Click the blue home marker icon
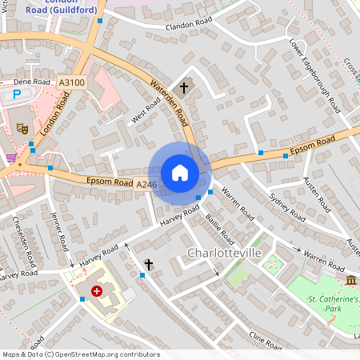pyautogui.click(x=180, y=173)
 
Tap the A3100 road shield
pyautogui.click(x=71, y=82)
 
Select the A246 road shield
pyautogui.click(x=146, y=185)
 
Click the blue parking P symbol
pyautogui.click(x=18, y=94)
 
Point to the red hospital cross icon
pyautogui.click(x=98, y=292)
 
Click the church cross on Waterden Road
pyautogui.click(x=183, y=86)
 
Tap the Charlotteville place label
pyautogui.click(x=225, y=253)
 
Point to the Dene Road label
pyautogui.click(x=33, y=82)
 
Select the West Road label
pyautogui.click(x=146, y=114)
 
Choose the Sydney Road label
pyautogui.click(x=287, y=206)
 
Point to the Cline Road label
pyautogui.click(x=266, y=341)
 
